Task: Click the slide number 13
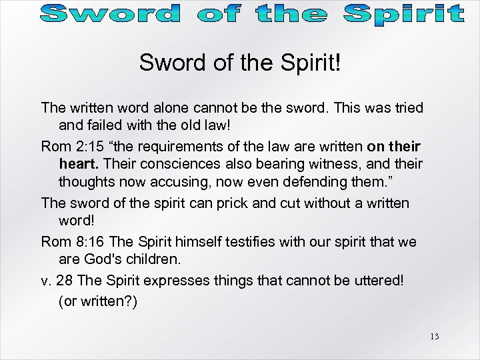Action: click(435, 336)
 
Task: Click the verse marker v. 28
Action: click(57, 279)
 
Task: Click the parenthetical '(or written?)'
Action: click(98, 301)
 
